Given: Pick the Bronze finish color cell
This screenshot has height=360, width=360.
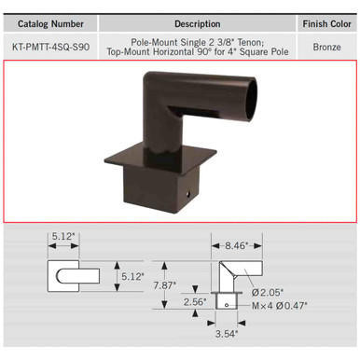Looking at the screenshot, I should click(x=326, y=45).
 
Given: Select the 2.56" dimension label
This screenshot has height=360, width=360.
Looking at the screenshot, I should click(x=193, y=301).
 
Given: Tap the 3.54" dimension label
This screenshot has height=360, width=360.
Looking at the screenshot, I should click(x=226, y=333).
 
